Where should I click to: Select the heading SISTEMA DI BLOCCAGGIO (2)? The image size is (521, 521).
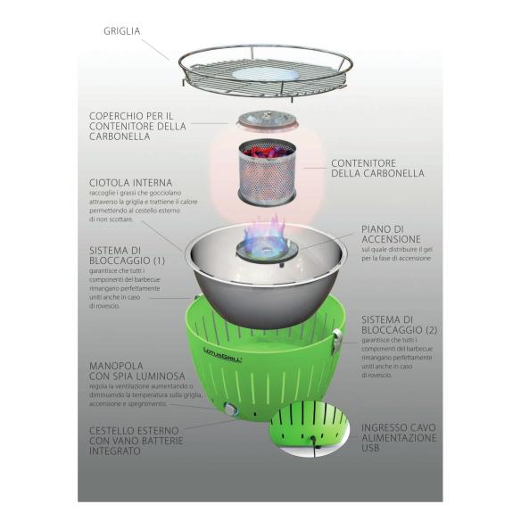tap(399, 326)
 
